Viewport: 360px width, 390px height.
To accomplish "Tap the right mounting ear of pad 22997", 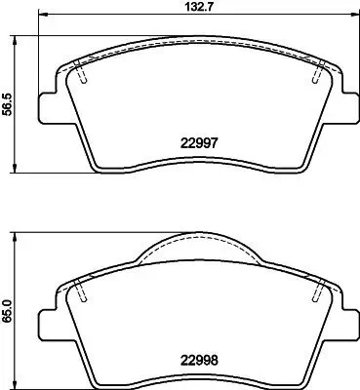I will tap(343, 106).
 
